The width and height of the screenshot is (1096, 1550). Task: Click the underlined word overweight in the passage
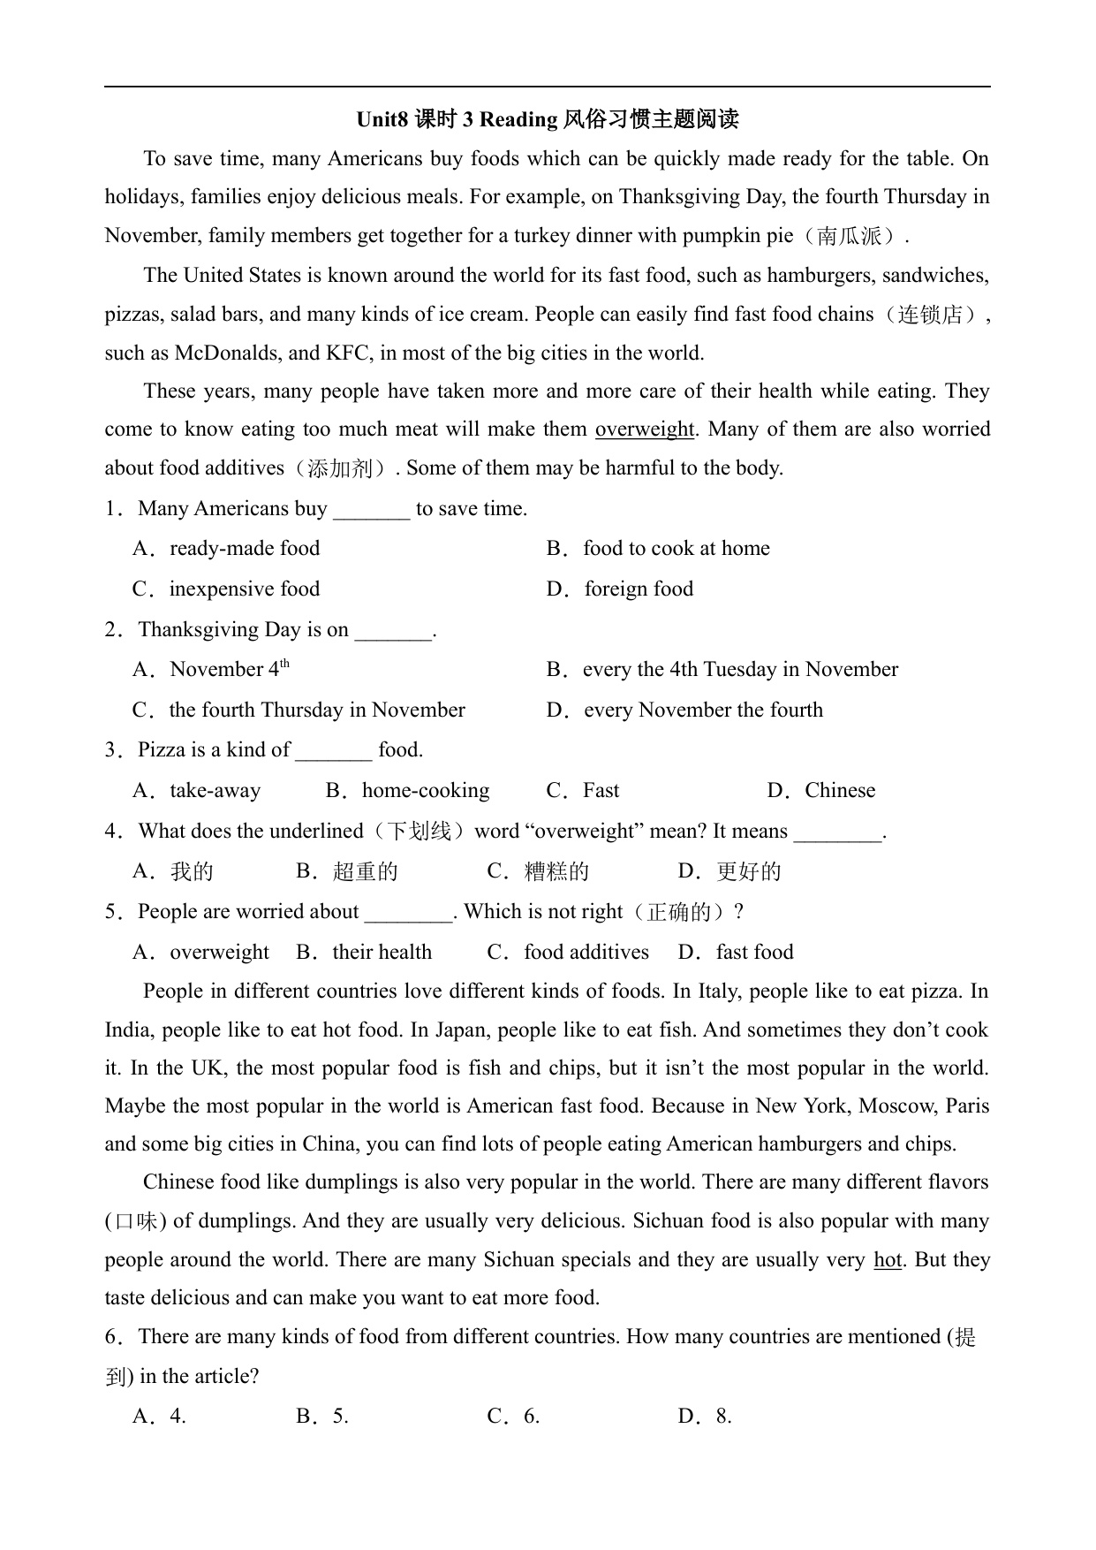pyautogui.click(x=645, y=429)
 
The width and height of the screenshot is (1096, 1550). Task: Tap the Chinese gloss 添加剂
pyautogui.click(x=340, y=468)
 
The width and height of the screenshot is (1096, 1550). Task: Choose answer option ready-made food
pyautogui.click(x=245, y=549)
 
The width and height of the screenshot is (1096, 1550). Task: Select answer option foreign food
pyautogui.click(x=639, y=589)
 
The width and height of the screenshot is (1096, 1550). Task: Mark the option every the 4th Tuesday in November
pyautogui.click(x=740, y=670)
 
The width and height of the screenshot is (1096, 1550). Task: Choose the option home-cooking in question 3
pyautogui.click(x=426, y=791)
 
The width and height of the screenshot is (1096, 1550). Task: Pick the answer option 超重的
pyautogui.click(x=365, y=872)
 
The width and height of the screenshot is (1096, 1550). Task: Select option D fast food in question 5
pyautogui.click(x=754, y=953)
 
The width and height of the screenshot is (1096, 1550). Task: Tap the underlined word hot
pyautogui.click(x=888, y=1260)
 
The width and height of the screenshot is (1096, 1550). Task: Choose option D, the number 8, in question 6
pyautogui.click(x=723, y=1417)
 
